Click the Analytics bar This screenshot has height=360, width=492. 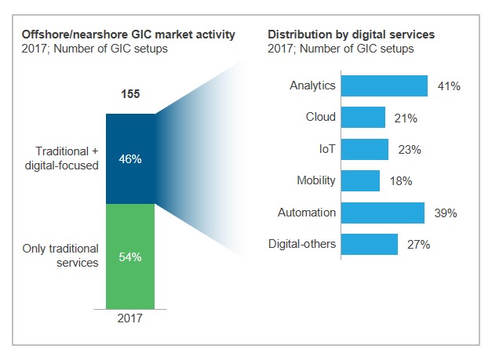(384, 85)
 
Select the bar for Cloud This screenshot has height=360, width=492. (363, 118)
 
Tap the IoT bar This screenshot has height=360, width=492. (365, 149)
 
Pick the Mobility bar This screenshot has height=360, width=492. (361, 181)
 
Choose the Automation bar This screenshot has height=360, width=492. (383, 213)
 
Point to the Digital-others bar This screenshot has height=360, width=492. (370, 245)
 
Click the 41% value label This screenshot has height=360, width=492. (448, 86)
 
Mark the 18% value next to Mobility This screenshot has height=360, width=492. (400, 182)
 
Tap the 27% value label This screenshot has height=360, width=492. (418, 245)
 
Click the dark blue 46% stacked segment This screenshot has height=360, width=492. (130, 158)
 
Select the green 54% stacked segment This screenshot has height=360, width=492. (130, 256)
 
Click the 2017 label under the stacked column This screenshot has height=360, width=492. (130, 319)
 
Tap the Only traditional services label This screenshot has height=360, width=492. (61, 256)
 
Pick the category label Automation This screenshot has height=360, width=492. (307, 213)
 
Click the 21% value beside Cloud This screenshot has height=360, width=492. (406, 118)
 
